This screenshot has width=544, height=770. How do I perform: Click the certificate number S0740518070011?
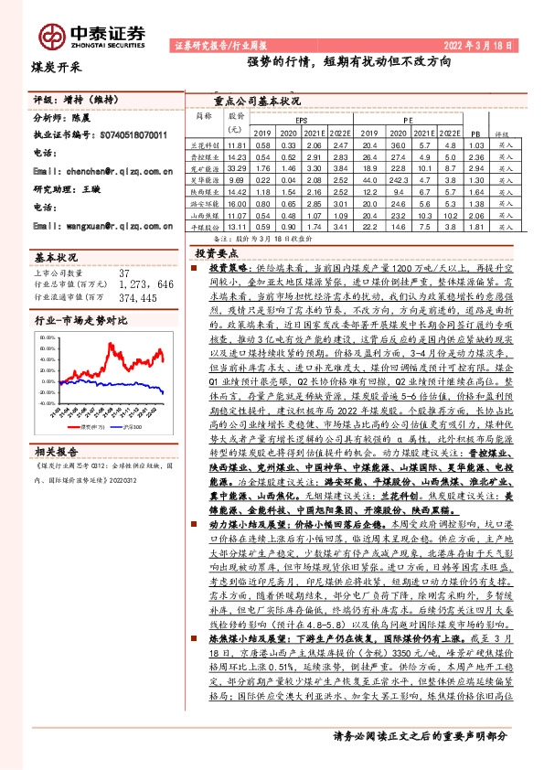tap(133, 134)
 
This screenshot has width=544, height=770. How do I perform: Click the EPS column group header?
tap(301, 120)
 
